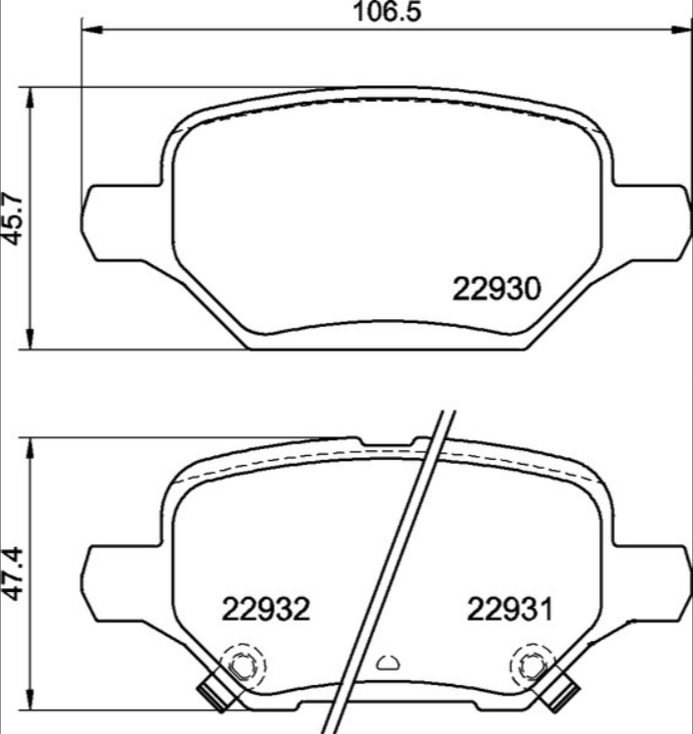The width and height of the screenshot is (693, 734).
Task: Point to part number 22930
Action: [497, 290]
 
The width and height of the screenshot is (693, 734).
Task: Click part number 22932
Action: [265, 610]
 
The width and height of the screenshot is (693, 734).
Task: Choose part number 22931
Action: [509, 610]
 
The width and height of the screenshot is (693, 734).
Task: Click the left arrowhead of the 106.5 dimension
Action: [88, 30]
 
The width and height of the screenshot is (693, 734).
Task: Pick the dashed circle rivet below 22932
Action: [241, 666]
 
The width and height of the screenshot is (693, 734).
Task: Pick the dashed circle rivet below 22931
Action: [531, 666]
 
